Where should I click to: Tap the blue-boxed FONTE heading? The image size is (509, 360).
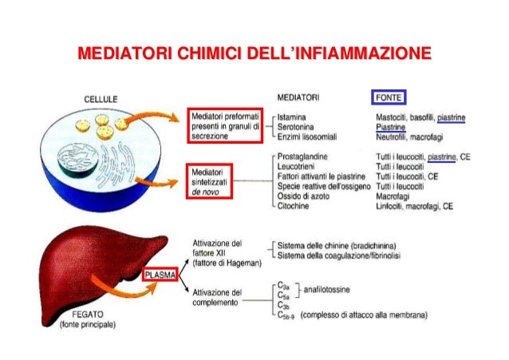point(389,97)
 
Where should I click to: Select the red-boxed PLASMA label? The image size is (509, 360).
point(159,275)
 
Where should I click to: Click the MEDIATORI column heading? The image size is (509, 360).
point(298,97)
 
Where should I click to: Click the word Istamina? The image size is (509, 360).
point(292,117)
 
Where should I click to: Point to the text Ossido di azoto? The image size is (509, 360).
point(302,195)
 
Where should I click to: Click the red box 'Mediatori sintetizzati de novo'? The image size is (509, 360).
point(211,183)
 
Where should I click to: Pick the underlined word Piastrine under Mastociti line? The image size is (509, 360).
point(390,127)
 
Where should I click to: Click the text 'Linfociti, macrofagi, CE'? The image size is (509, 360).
point(414,205)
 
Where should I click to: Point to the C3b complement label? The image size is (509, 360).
point(282,305)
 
